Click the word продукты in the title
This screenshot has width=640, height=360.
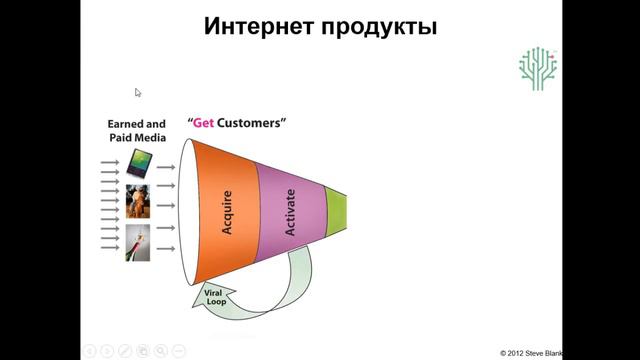point(377,27)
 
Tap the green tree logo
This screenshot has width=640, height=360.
point(538,68)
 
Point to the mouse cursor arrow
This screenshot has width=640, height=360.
point(138,92)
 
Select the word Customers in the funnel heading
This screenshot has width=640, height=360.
point(254,123)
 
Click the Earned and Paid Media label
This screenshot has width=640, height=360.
point(137,131)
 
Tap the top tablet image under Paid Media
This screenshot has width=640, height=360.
point(138,163)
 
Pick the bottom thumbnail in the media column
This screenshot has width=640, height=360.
point(137,243)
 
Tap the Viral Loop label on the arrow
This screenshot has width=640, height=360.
point(213,296)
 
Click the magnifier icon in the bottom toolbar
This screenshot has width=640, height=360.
point(161,350)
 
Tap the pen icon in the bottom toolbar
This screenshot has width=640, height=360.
point(125,350)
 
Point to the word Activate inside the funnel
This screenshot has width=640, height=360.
point(292,211)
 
